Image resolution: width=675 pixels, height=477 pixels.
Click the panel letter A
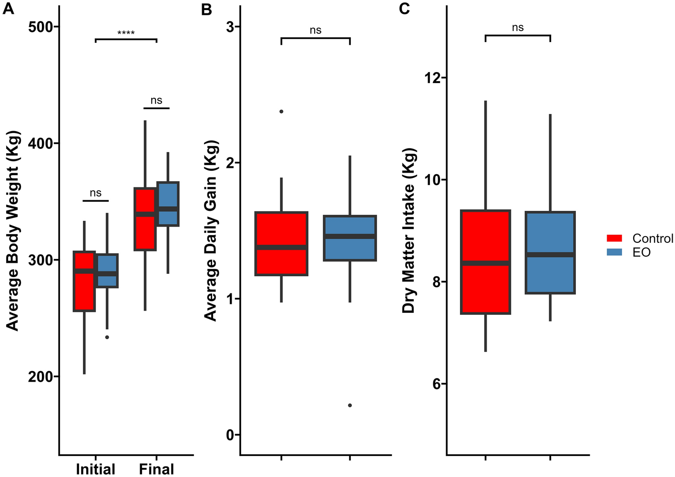click(9, 9)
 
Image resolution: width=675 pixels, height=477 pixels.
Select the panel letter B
click(206, 9)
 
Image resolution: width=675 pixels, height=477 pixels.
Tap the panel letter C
click(404, 9)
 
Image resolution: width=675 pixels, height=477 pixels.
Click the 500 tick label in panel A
click(40, 27)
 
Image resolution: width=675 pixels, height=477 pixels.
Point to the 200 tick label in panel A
click(40, 377)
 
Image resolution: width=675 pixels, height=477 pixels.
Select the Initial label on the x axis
click(95, 468)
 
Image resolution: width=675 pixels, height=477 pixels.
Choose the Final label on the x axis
click(156, 468)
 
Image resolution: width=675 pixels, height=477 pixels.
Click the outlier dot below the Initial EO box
click(107, 337)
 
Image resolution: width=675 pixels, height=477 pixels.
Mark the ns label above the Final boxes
click(156, 101)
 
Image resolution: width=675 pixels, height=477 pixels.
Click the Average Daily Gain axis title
click(210, 230)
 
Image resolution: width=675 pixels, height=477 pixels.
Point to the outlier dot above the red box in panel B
click(281, 112)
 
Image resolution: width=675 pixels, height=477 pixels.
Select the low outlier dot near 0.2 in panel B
click(350, 405)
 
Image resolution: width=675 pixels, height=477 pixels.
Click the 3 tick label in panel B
click(231, 27)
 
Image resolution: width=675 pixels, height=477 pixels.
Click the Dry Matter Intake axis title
click(409, 230)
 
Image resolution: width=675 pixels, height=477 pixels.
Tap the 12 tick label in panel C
click(433, 78)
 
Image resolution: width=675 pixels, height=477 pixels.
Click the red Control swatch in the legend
click(614, 238)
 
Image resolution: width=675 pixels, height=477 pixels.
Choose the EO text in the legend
click(641, 252)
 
